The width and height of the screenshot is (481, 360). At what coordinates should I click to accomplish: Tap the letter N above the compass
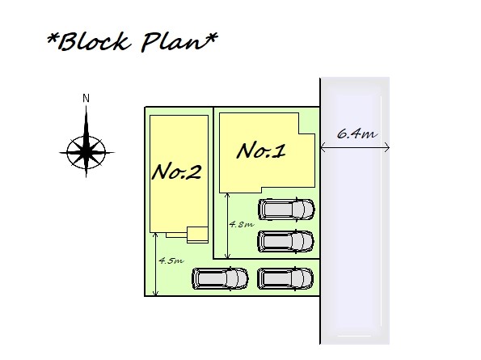coord(86,99)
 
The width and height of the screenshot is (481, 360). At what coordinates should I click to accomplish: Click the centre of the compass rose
coord(86,151)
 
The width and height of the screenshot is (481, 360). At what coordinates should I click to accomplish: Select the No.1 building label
coord(261,151)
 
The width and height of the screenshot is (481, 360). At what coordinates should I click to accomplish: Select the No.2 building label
coord(177,172)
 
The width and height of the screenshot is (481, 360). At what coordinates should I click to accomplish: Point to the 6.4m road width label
coord(357,133)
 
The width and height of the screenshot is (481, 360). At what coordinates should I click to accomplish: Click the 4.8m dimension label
coord(242,224)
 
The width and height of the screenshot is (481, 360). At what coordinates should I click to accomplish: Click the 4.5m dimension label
coord(171,260)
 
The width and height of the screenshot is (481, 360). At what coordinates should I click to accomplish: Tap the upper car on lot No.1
coord(286,210)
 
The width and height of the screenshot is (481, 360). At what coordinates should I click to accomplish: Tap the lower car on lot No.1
coord(286,241)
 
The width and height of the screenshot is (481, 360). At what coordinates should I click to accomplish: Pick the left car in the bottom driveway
coord(220,278)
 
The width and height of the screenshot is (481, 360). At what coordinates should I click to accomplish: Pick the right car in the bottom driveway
coord(285,278)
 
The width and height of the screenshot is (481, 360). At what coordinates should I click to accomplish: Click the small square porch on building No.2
coord(197,235)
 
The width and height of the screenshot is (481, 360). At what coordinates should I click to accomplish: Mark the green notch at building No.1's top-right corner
coord(307,124)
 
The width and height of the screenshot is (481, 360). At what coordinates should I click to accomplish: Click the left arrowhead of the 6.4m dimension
coord(322,148)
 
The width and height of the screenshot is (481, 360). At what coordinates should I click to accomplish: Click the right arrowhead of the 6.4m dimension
coord(388,148)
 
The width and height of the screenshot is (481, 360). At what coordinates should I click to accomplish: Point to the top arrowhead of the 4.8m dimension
coord(227,193)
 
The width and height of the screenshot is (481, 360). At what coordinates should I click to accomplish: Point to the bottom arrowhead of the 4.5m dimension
coord(155,294)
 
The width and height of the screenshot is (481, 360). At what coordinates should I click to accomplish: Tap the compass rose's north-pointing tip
coord(86,106)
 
